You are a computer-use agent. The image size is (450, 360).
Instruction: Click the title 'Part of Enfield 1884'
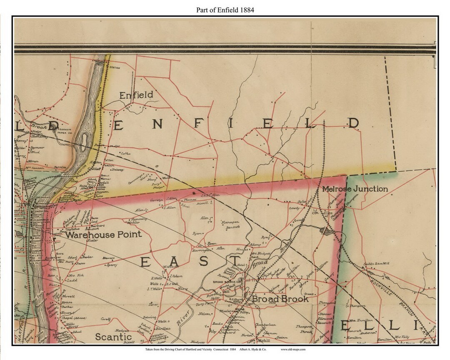pyautogui.click(x=225, y=10)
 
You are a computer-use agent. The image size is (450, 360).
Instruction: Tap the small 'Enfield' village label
pyautogui.click(x=136, y=95)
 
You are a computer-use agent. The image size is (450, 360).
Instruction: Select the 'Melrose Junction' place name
pyautogui.click(x=355, y=189)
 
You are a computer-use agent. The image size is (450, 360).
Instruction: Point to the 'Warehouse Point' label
pyautogui.click(x=103, y=235)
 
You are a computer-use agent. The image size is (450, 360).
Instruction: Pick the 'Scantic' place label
pyautogui.click(x=113, y=337)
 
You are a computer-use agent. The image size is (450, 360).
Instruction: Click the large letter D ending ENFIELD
pyautogui.click(x=353, y=123)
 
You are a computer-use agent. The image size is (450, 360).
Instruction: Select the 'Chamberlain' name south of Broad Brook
pyautogui.click(x=265, y=325)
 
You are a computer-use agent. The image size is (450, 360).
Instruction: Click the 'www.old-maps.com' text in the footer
pyautogui.click(x=293, y=349)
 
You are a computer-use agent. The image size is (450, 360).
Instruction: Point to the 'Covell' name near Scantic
pyautogui.click(x=105, y=319)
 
